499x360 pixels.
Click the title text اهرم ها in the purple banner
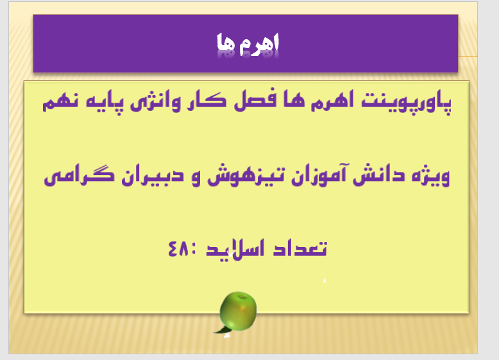coord(247,44)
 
